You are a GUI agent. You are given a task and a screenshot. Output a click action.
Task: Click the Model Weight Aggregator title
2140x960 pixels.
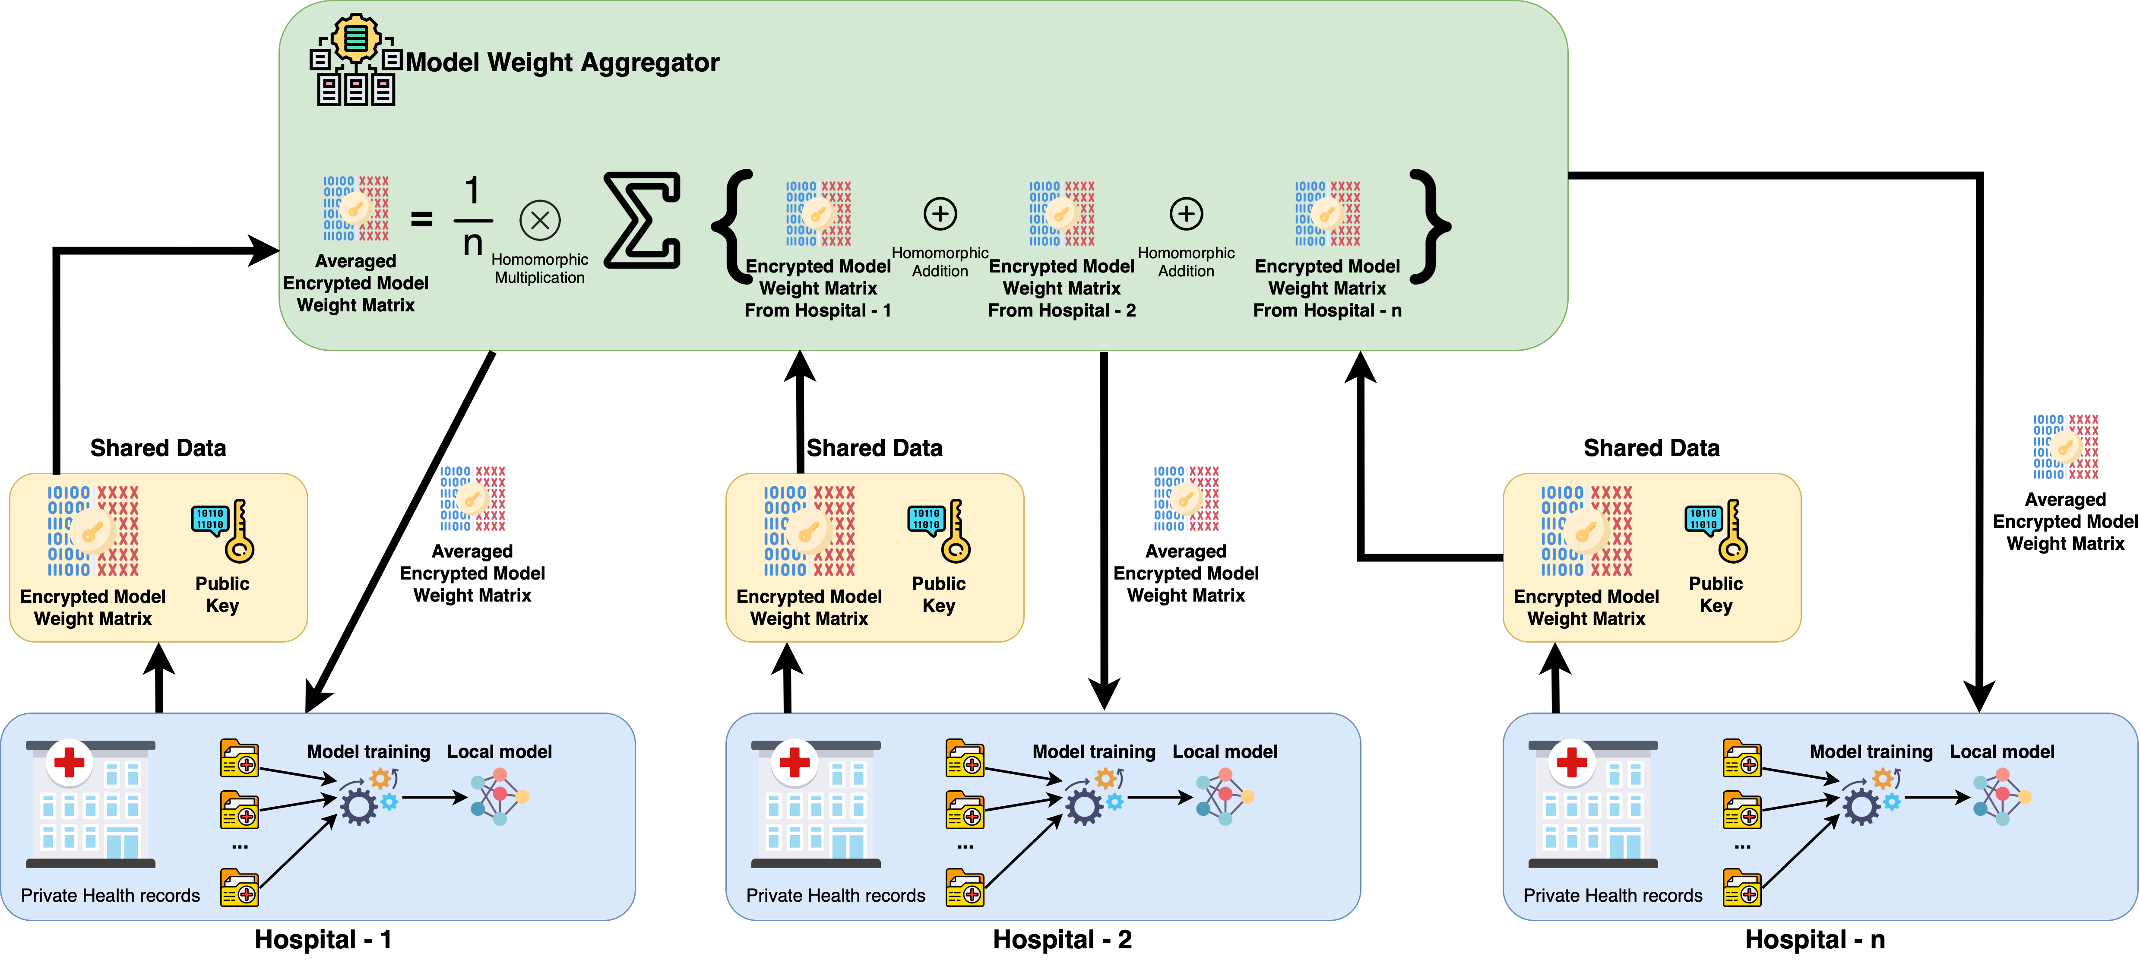[562, 62]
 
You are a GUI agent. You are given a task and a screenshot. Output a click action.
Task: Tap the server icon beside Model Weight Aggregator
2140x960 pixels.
[355, 60]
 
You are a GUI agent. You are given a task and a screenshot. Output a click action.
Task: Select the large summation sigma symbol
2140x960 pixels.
[642, 220]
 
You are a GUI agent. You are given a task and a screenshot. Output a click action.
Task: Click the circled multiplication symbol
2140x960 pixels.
[540, 220]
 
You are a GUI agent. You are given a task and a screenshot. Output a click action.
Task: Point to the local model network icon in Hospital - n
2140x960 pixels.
[2002, 796]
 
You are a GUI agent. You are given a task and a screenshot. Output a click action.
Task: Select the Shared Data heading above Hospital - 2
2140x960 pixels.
[875, 448]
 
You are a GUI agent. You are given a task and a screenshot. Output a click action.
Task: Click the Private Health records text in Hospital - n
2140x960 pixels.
[1612, 895]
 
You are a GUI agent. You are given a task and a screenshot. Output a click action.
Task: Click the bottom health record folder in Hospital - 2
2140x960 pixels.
[965, 888]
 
